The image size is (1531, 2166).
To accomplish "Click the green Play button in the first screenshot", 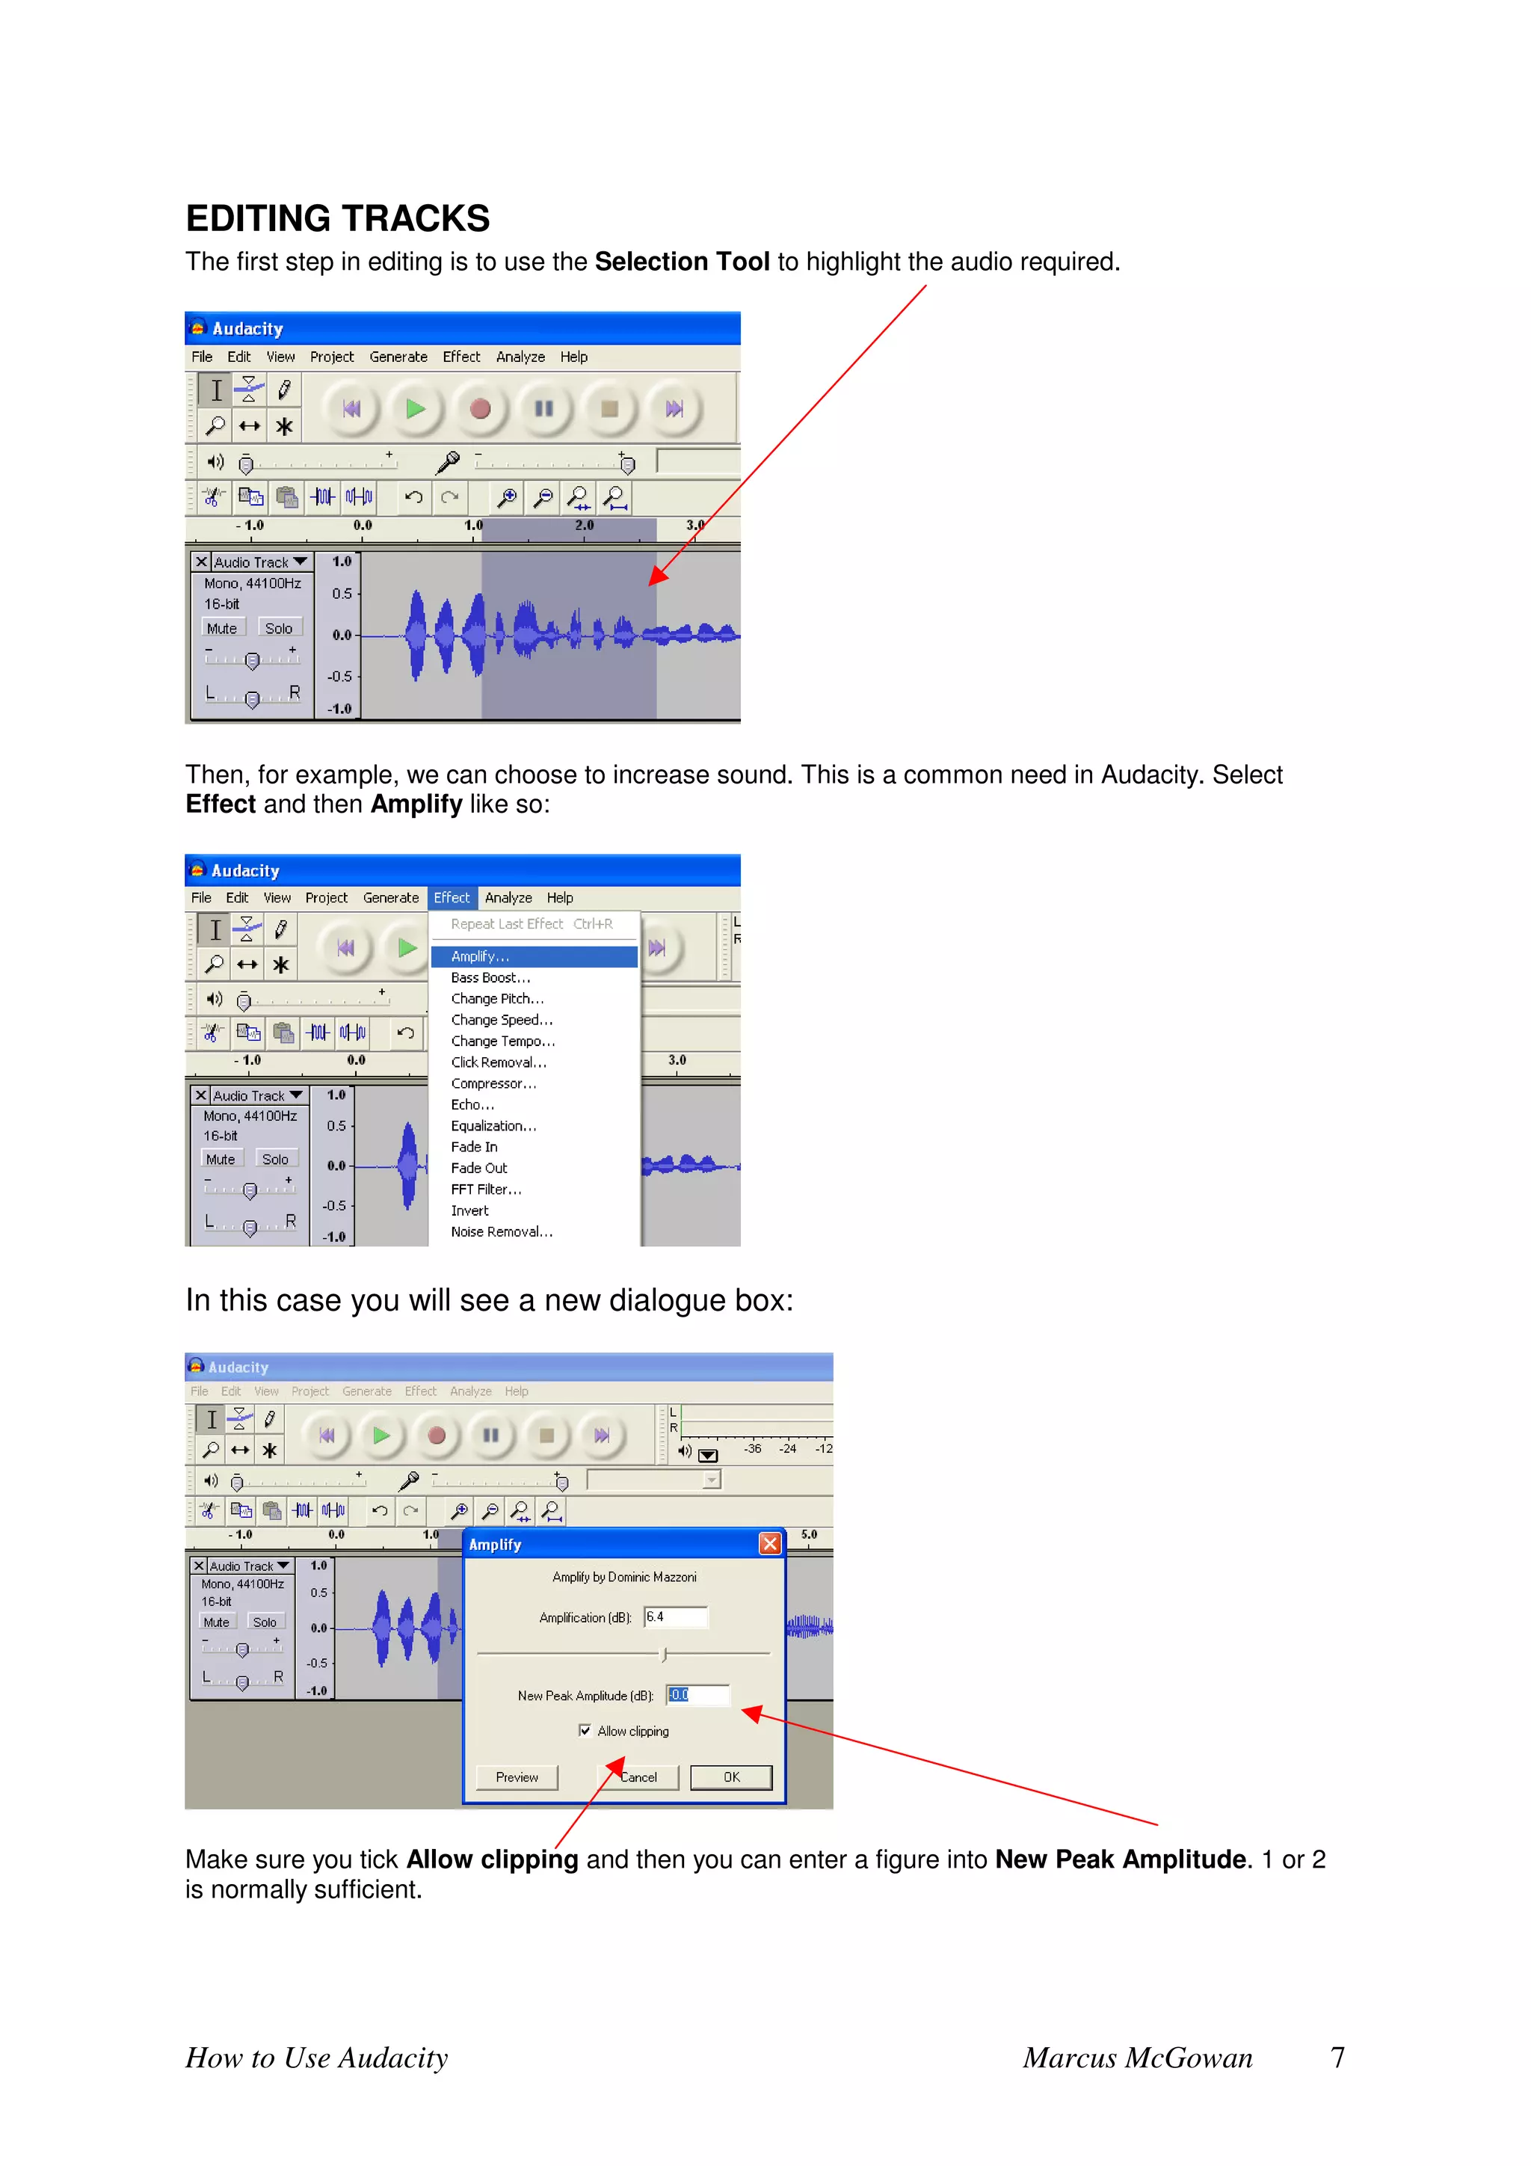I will point(415,408).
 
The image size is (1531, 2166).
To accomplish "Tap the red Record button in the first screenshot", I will point(480,408).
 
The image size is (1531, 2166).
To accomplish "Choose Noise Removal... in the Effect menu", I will point(501,1231).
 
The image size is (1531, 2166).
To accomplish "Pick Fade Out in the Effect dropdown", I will point(478,1168).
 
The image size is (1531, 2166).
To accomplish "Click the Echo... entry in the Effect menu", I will point(472,1105).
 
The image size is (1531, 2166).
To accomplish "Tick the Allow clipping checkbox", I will point(585,1730).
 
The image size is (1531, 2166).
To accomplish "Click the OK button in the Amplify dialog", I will point(731,1777).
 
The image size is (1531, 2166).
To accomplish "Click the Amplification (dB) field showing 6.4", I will point(675,1617).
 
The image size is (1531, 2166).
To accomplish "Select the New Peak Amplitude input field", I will point(698,1694).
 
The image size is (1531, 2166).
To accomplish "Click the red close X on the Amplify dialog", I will point(770,1543).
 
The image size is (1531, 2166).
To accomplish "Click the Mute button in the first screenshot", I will point(223,628).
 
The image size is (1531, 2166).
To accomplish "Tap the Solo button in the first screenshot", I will point(278,628).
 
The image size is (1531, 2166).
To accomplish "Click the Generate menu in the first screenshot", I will point(398,357).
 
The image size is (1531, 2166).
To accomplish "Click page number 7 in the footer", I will point(1337,2058).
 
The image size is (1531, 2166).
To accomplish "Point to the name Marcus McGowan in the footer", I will point(1138,2058).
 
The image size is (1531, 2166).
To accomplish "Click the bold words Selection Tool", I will point(682,262).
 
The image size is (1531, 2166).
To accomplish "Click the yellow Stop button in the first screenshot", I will point(609,408).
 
